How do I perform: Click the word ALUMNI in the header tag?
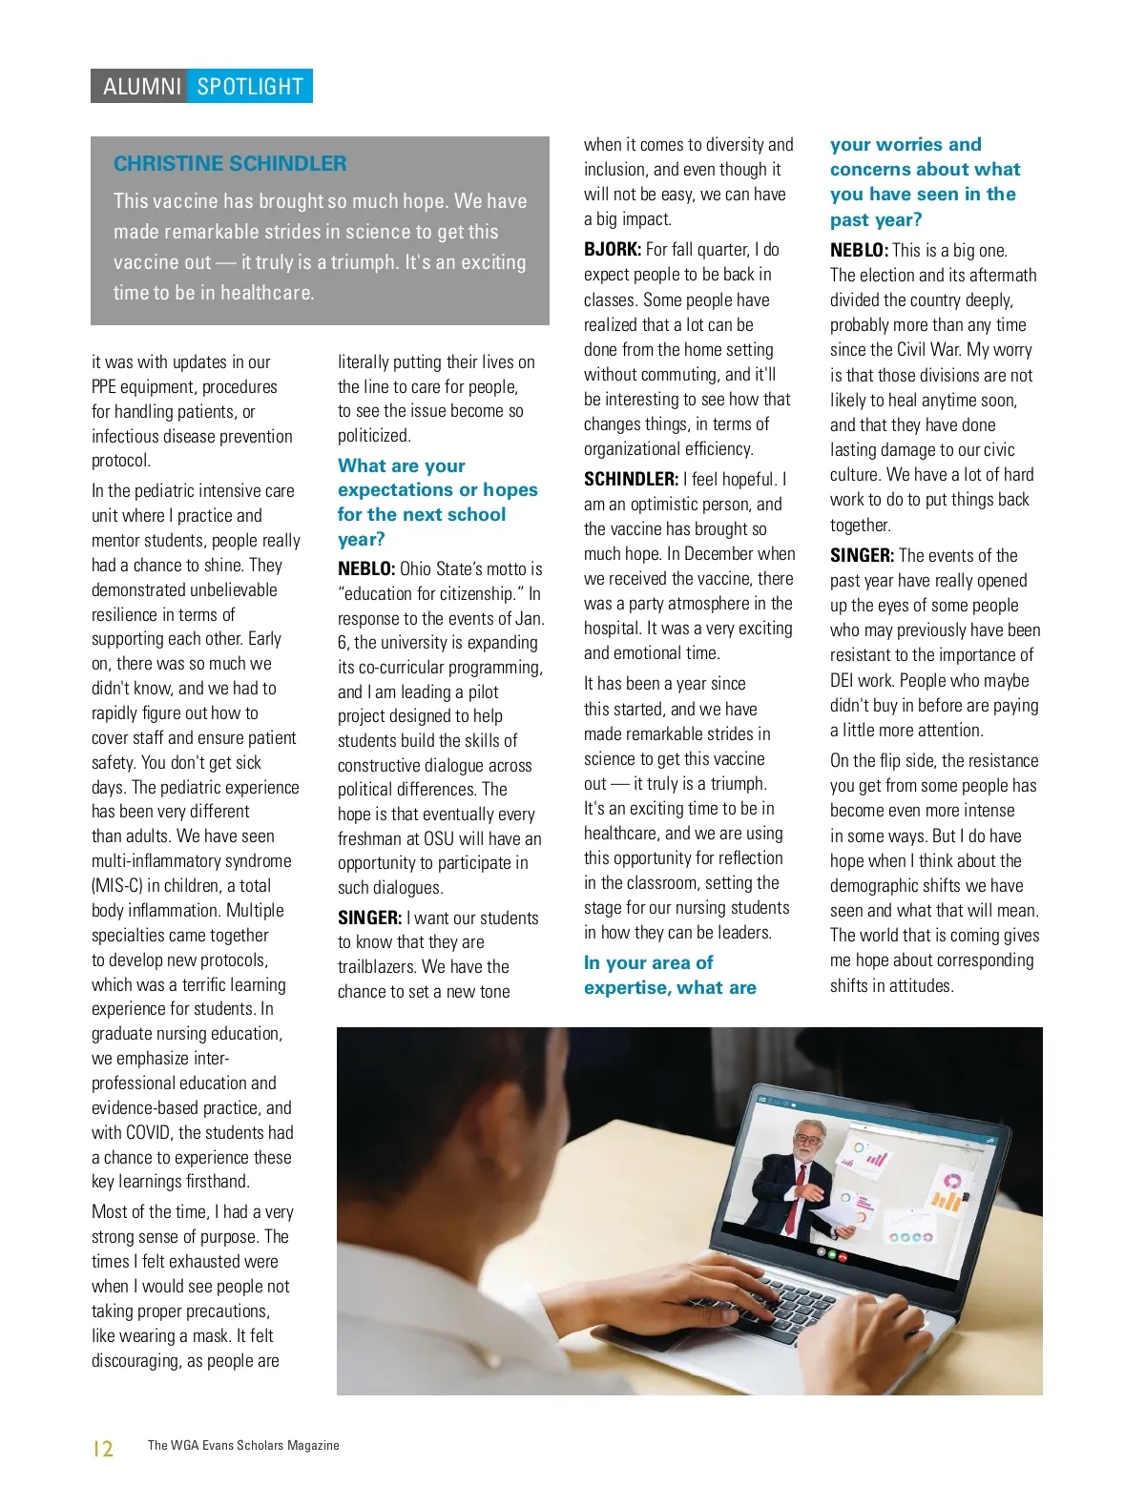[x=142, y=87]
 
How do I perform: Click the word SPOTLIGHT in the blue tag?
[x=250, y=87]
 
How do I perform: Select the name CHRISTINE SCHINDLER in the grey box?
[x=230, y=164]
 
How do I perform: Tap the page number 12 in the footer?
[x=103, y=1449]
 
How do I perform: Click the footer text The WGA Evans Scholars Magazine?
[x=243, y=1446]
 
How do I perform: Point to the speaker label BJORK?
[x=613, y=250]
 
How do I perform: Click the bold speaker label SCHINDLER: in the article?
[x=631, y=480]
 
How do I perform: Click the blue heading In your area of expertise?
[x=669, y=976]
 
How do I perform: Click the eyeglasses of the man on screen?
[x=807, y=1140]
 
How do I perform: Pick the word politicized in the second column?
[x=374, y=436]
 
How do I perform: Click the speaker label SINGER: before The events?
[x=862, y=556]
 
